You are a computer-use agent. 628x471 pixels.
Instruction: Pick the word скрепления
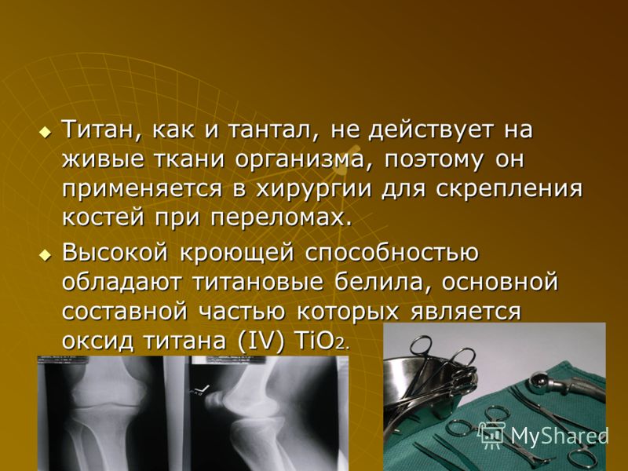509,189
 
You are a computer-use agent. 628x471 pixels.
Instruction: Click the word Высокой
115,253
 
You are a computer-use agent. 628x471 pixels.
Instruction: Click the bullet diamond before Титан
46,131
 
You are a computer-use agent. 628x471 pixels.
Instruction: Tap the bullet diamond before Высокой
46,254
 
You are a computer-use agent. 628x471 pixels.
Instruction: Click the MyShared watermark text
559,436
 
